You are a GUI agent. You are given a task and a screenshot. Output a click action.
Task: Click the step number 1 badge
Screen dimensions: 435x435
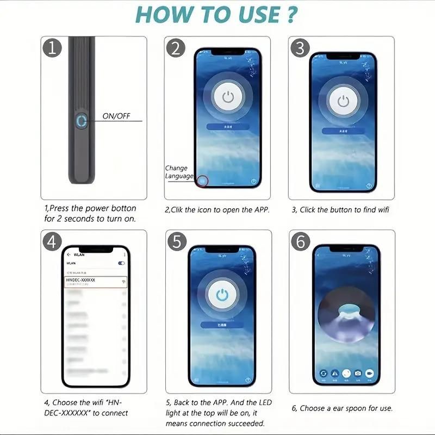pyautogui.click(x=52, y=48)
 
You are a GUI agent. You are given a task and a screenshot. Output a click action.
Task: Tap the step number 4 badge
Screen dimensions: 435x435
pyautogui.click(x=52, y=241)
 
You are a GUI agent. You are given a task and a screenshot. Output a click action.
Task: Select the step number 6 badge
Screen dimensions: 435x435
pyautogui.click(x=300, y=241)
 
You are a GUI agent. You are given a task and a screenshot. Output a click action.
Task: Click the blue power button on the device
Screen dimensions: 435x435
pyautogui.click(x=82, y=121)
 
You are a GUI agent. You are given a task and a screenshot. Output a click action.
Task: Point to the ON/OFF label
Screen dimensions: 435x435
pyautogui.click(x=116, y=116)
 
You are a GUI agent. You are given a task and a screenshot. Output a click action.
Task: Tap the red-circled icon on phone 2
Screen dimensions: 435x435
pyautogui.click(x=203, y=181)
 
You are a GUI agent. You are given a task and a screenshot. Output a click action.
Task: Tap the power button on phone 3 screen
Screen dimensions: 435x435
pyautogui.click(x=343, y=101)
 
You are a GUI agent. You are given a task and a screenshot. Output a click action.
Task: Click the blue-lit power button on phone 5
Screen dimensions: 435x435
pyautogui.click(x=221, y=294)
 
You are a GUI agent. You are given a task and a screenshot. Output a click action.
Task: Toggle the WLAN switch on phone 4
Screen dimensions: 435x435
pyautogui.click(x=121, y=263)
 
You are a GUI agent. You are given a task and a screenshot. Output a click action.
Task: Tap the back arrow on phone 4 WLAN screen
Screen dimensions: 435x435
pyautogui.click(x=69, y=254)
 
